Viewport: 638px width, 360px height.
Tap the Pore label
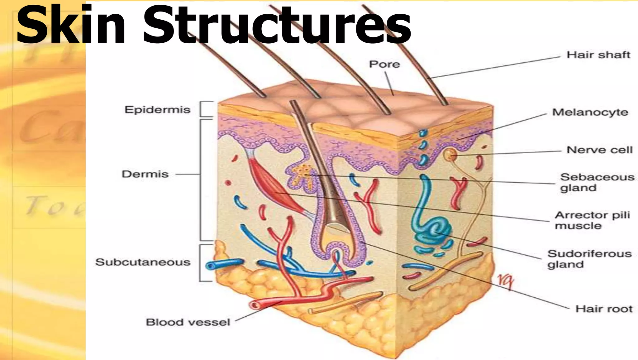point(384,64)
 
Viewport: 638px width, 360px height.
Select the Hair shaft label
point(598,55)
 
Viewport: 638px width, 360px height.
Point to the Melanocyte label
point(590,112)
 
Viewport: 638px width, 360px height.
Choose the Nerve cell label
point(599,150)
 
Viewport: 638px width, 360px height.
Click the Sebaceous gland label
point(597,182)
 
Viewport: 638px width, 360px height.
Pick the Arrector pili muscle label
point(592,220)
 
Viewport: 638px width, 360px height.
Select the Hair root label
point(604,309)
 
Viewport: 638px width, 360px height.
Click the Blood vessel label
point(188,322)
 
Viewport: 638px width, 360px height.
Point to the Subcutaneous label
point(143,262)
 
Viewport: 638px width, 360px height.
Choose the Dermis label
point(145,174)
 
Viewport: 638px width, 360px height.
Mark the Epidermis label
point(157,110)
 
